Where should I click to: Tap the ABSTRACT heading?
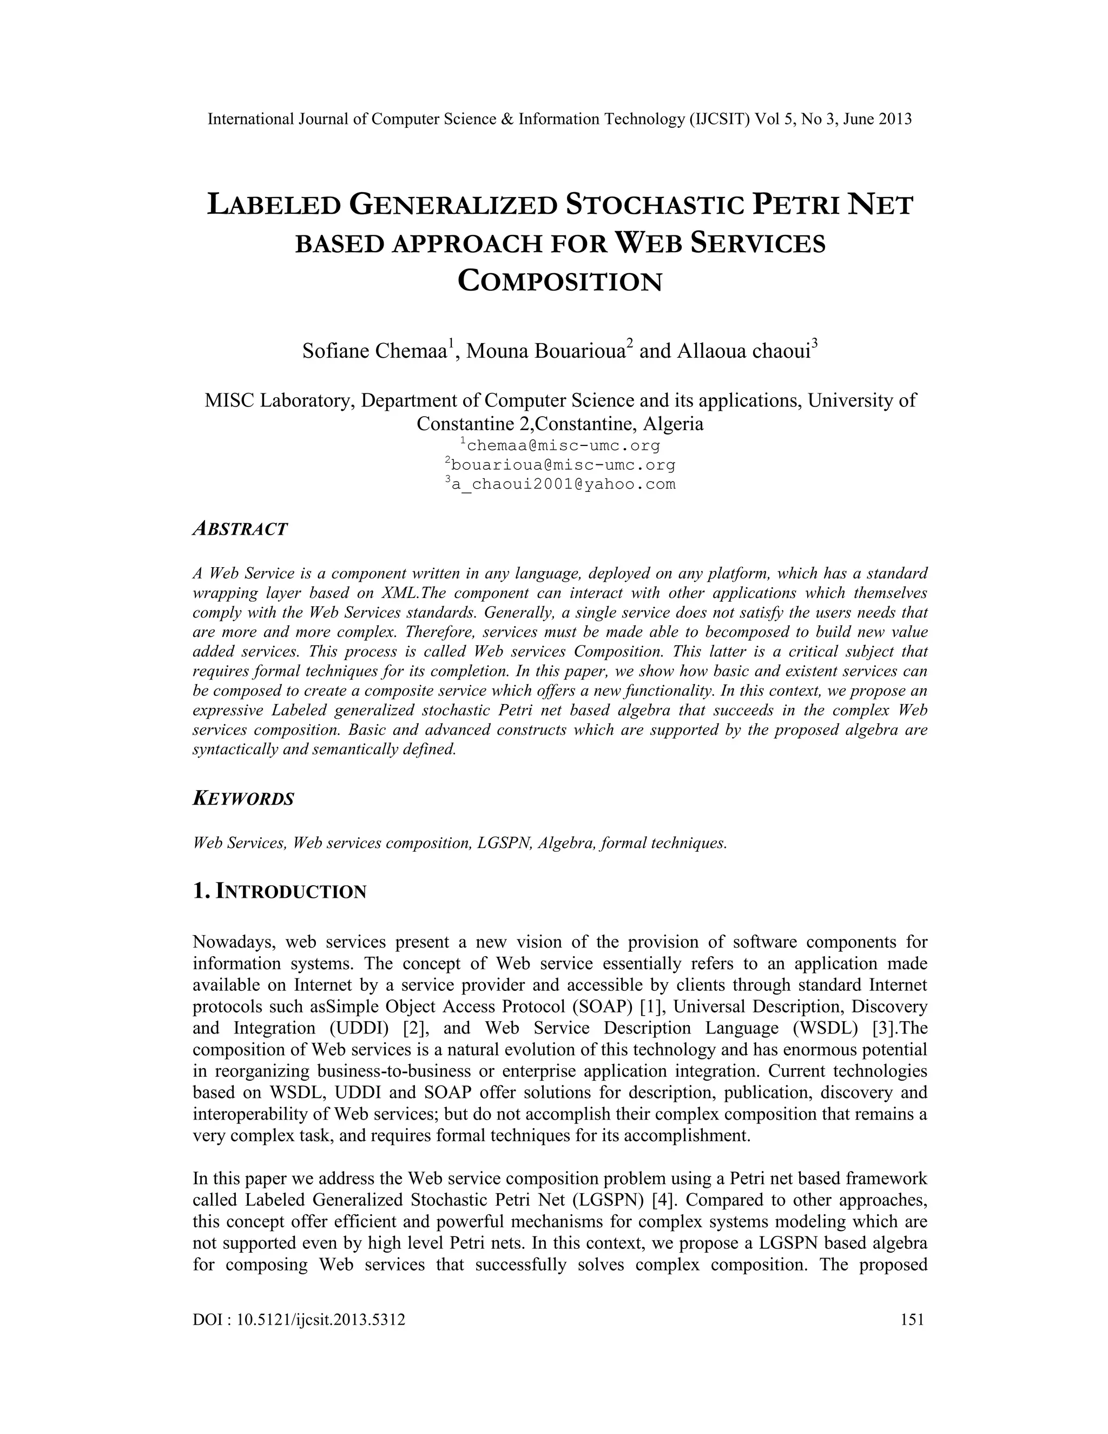240,529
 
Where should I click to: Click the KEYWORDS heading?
243,799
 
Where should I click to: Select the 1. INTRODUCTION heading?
280,892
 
